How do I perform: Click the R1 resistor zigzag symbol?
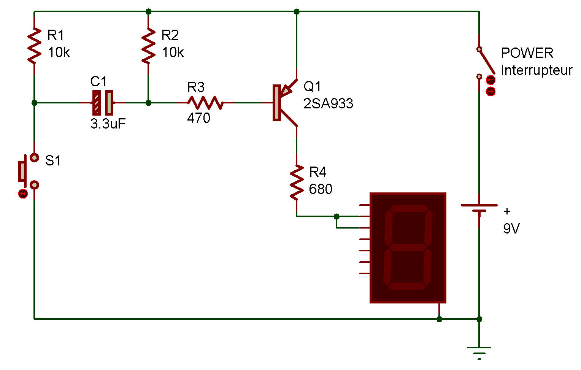tap(34, 46)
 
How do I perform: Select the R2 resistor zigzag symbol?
tap(148, 46)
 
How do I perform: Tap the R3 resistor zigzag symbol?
tap(205, 103)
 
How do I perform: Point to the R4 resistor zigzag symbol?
tap(297, 183)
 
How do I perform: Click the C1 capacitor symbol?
tap(103, 103)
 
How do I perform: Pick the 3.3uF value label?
tap(108, 124)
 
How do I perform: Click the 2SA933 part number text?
tap(328, 103)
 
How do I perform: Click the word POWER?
tap(527, 53)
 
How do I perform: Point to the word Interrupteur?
tap(537, 70)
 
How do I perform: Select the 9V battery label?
tap(511, 229)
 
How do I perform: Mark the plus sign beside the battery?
tap(507, 211)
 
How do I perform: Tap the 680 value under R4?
tap(321, 189)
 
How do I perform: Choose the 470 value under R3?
tap(199, 118)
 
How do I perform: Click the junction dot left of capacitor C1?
tap(34, 103)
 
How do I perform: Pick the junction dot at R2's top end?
tap(148, 11)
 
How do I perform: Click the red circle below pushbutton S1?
tap(23, 194)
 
